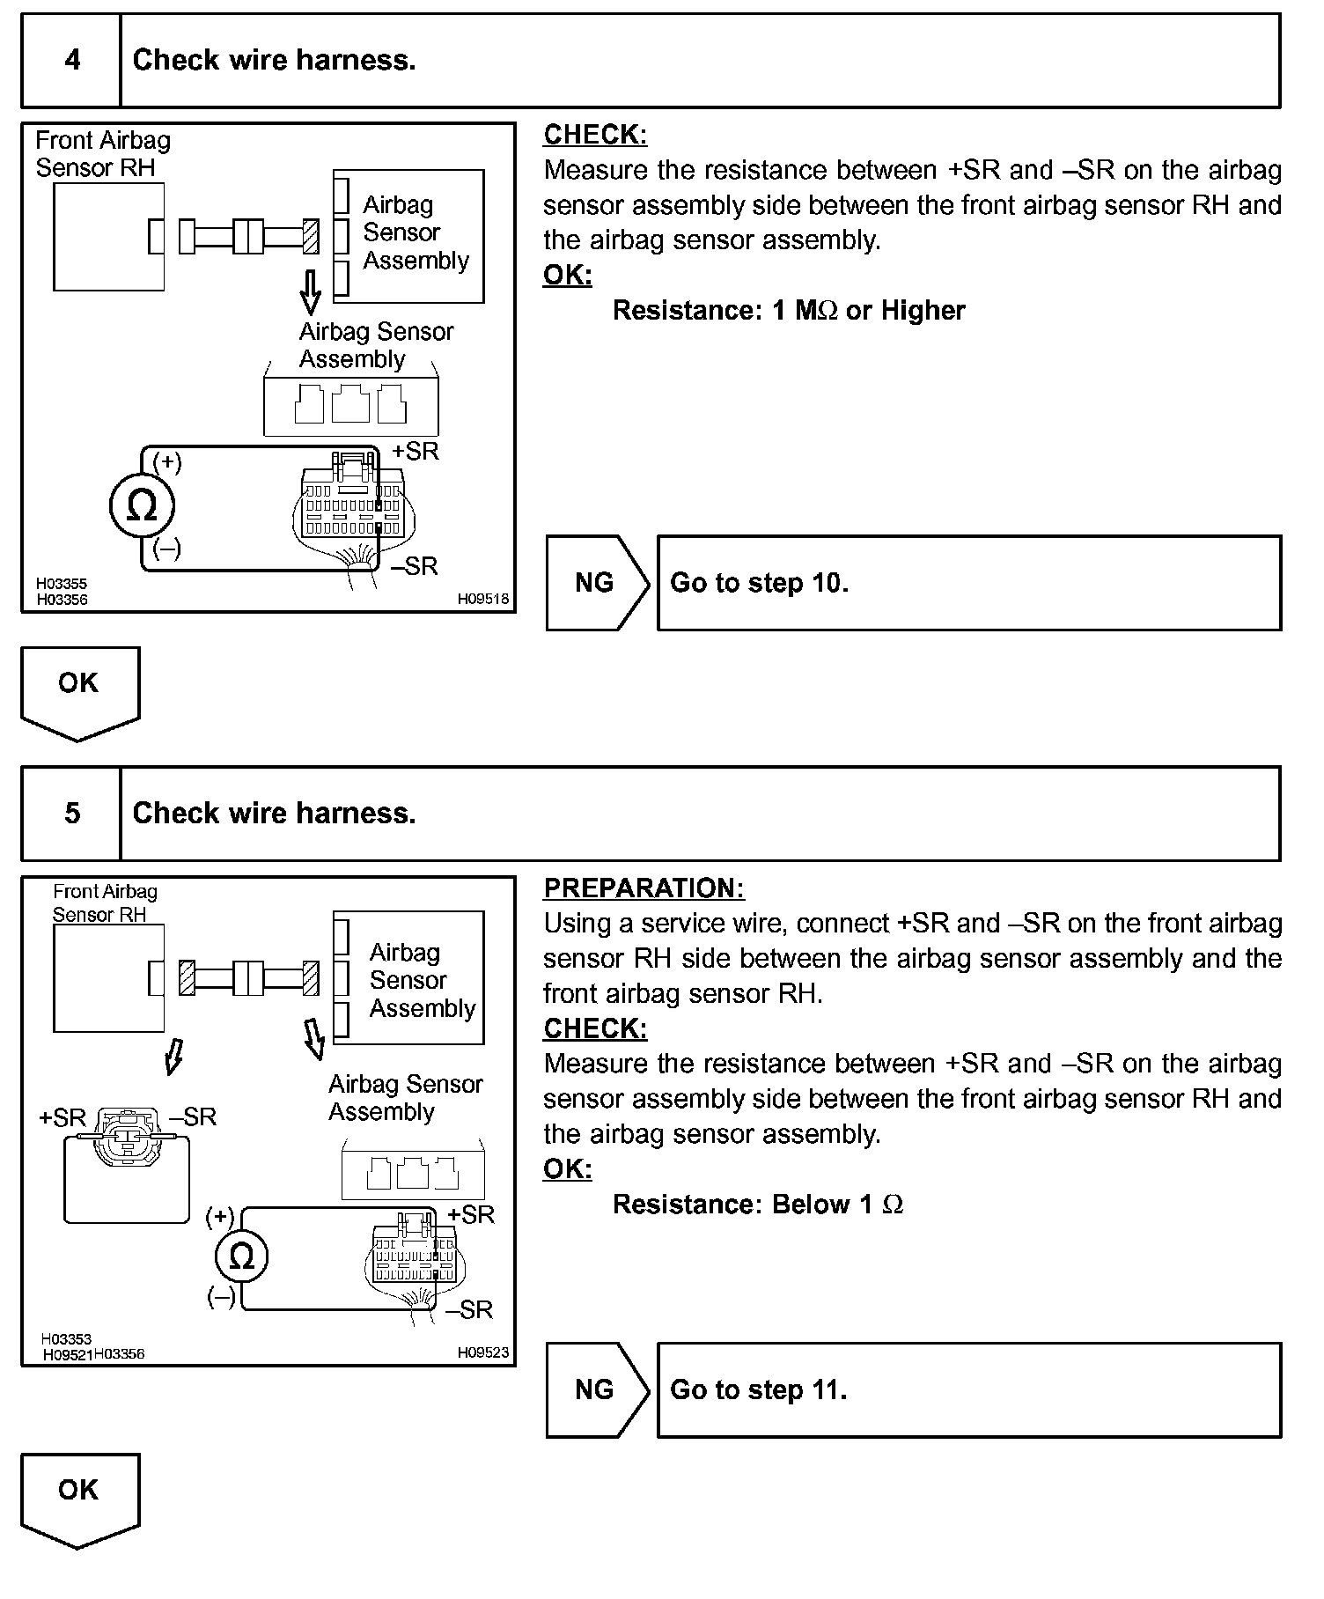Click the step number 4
click(x=72, y=60)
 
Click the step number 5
click(x=72, y=813)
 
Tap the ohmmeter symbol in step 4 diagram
click(x=142, y=506)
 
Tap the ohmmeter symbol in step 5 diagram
click(x=241, y=1256)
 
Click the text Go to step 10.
click(x=759, y=583)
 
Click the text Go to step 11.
click(x=758, y=1389)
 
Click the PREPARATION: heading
click(x=644, y=888)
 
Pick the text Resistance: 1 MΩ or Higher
click(x=788, y=310)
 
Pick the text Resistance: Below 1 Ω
click(x=757, y=1204)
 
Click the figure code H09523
click(x=482, y=1352)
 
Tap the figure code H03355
click(x=62, y=584)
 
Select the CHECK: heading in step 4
click(x=595, y=135)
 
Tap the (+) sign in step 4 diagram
click(x=167, y=461)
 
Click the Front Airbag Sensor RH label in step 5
click(x=104, y=903)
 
